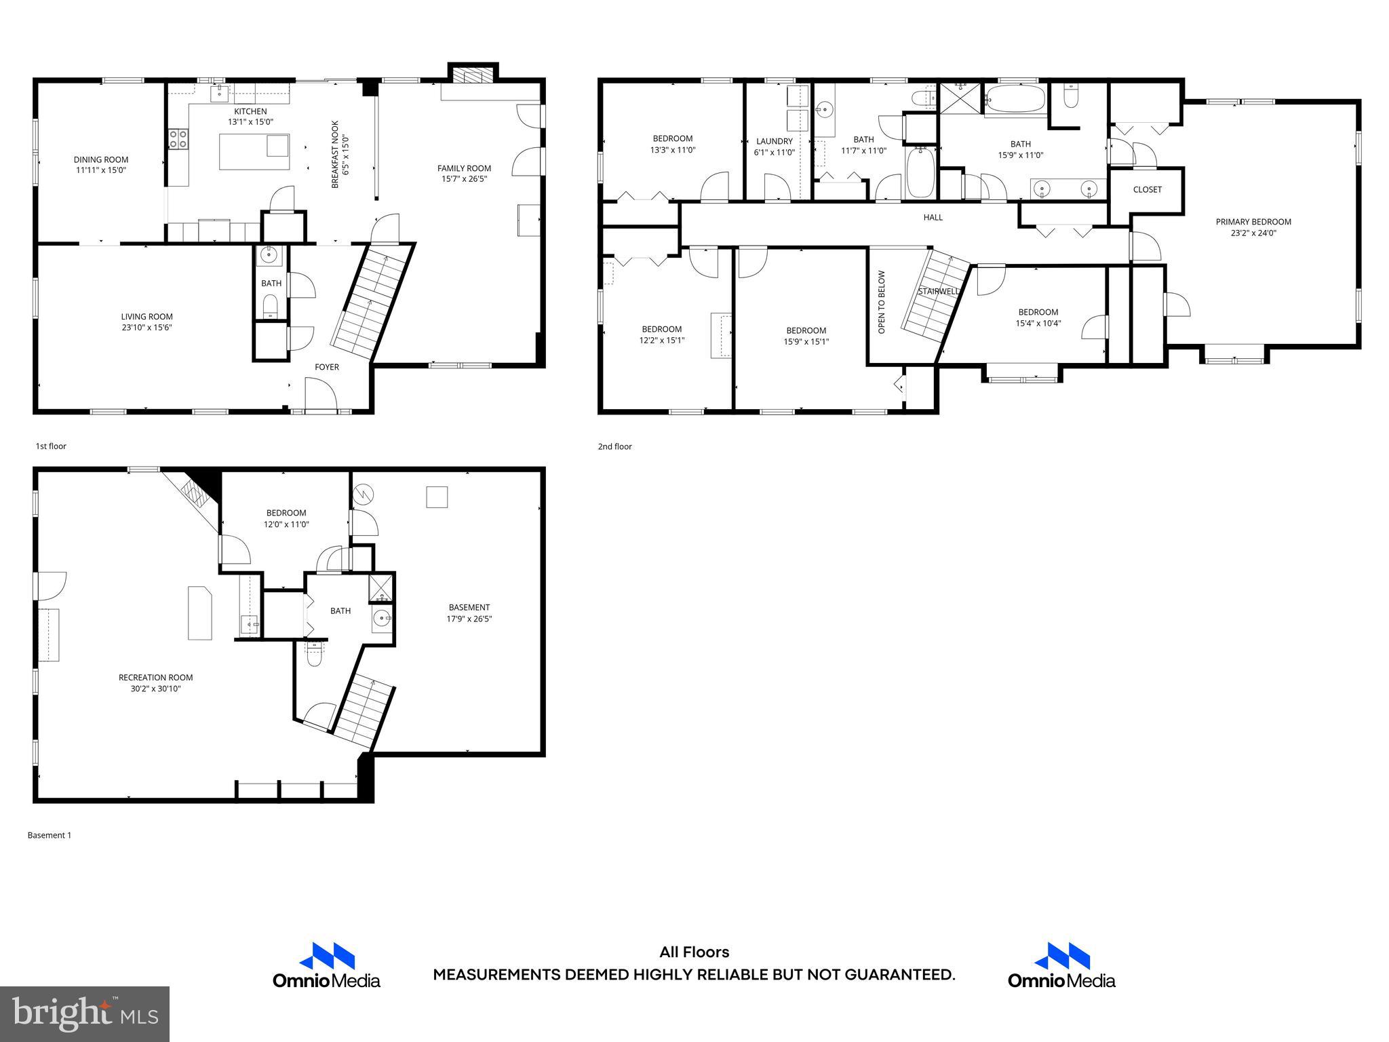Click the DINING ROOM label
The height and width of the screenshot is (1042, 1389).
(100, 160)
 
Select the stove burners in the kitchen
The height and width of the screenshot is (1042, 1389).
(178, 139)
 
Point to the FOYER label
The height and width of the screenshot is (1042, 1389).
(326, 367)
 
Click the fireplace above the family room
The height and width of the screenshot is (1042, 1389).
(473, 75)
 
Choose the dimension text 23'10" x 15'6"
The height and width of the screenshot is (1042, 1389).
(146, 328)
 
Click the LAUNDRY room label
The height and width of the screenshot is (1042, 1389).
(774, 141)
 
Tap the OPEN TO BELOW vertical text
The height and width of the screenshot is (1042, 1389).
(882, 302)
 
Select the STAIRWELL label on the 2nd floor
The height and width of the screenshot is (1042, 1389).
(939, 291)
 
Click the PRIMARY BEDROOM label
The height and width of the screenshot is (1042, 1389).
(1253, 222)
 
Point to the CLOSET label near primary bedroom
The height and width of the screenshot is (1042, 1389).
(1147, 189)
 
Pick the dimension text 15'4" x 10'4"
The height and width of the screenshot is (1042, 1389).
(1038, 324)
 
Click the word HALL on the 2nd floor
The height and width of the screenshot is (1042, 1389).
(933, 217)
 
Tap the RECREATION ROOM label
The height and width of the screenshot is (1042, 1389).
(155, 677)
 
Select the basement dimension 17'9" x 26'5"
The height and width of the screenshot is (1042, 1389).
(469, 619)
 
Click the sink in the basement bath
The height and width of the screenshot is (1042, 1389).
(382, 618)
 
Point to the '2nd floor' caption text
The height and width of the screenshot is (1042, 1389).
(614, 446)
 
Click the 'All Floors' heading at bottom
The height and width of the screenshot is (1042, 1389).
(694, 952)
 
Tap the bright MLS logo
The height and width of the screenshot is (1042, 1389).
(85, 1014)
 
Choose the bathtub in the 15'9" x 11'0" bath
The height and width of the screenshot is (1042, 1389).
(1015, 100)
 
